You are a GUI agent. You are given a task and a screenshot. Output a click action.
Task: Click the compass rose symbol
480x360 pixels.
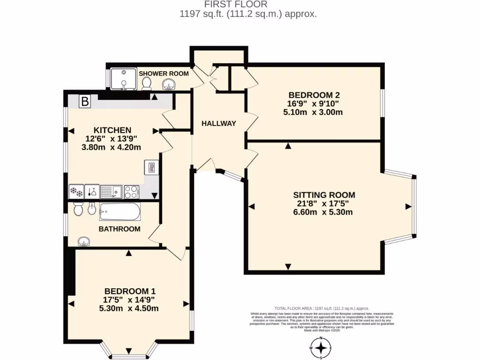(x=321, y=348)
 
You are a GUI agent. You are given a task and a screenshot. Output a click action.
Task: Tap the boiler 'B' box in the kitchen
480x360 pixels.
(x=85, y=101)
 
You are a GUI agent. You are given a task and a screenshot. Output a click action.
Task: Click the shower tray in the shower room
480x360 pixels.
(x=123, y=78)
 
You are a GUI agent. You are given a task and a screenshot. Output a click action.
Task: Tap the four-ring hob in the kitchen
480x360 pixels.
(x=131, y=192)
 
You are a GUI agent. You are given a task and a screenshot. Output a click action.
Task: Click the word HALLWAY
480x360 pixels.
(x=218, y=123)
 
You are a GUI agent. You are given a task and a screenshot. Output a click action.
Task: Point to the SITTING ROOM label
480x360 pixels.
(x=324, y=195)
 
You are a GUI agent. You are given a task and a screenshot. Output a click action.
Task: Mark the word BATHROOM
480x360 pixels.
(x=119, y=229)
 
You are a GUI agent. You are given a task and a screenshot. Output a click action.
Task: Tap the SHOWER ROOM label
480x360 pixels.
(x=164, y=74)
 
